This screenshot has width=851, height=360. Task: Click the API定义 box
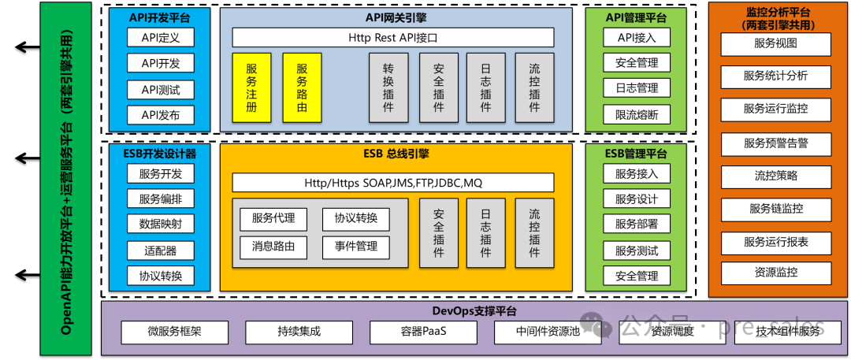point(160,37)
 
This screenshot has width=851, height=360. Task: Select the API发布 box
point(160,115)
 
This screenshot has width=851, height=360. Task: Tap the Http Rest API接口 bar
point(392,37)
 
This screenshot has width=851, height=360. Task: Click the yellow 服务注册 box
point(251,87)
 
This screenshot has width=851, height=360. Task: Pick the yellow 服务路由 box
point(302,87)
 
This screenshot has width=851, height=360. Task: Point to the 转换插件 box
point(388,87)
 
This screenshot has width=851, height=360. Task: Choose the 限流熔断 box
point(636,115)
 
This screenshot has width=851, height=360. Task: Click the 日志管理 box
point(636,88)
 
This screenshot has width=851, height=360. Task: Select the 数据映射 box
point(160,224)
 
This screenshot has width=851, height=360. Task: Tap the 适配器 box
point(160,251)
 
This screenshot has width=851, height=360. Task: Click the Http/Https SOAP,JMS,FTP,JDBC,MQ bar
point(392,183)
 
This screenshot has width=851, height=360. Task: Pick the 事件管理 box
point(355,247)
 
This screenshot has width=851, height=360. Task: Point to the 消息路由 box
point(273,247)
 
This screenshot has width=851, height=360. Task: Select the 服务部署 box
point(636,224)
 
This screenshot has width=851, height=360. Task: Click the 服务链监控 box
point(776,209)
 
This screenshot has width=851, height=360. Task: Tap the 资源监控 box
point(776,273)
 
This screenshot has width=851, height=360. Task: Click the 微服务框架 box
point(174,332)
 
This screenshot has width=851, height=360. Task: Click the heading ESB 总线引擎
point(396,154)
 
